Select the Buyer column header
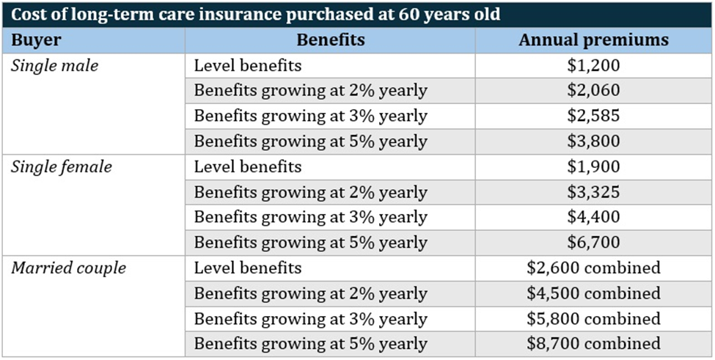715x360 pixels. pos(37,40)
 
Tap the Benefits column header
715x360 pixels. pos(331,40)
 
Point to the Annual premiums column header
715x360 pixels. pos(593,40)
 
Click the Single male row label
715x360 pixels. pos(54,65)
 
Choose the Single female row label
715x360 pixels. pos(62,166)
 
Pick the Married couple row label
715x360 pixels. pos(68,268)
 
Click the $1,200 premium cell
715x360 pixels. pos(593,65)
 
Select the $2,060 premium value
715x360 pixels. pos(593,91)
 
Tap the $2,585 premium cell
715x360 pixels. pos(593,116)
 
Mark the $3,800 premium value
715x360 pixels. pos(593,142)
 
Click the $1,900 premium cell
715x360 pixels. pos(593,166)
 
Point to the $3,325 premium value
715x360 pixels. pos(593,192)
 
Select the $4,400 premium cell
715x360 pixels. pos(593,217)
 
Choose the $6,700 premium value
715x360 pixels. pos(593,243)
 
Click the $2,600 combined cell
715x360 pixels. pos(593,268)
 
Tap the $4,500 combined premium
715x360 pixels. pos(593,293)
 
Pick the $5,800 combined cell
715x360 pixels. pos(593,319)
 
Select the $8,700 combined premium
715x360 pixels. pos(593,343)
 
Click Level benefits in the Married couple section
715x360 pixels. pos(247,268)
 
